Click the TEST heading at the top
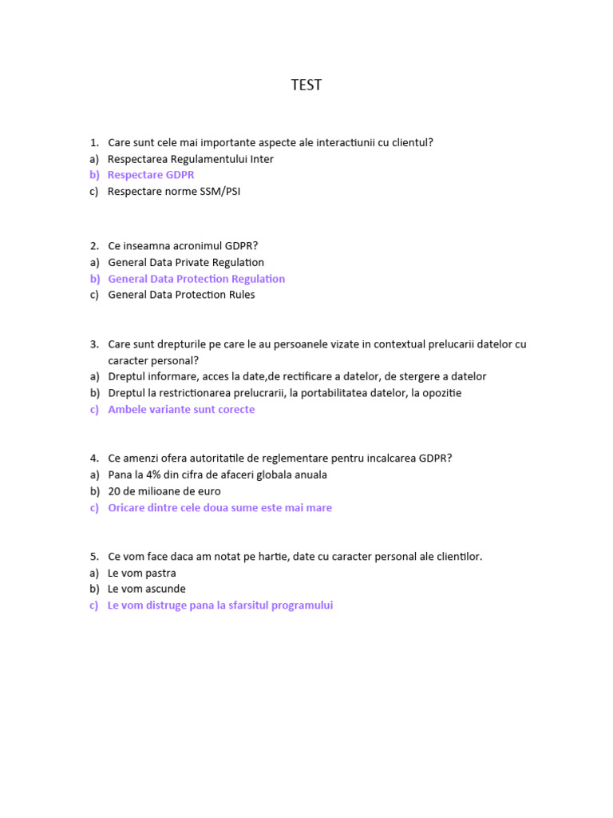click(x=306, y=85)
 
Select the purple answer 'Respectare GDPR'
click(x=151, y=175)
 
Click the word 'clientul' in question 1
click(x=409, y=142)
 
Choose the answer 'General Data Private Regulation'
click(x=186, y=262)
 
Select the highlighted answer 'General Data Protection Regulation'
click(x=196, y=279)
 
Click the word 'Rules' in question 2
click(x=241, y=295)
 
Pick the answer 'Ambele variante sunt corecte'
click(x=181, y=409)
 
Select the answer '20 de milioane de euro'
click(x=164, y=491)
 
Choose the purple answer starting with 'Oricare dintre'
click(x=219, y=507)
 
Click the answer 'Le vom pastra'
click(x=142, y=573)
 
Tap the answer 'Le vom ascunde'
click(x=147, y=589)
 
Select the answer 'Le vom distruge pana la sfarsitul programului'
click(x=220, y=606)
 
